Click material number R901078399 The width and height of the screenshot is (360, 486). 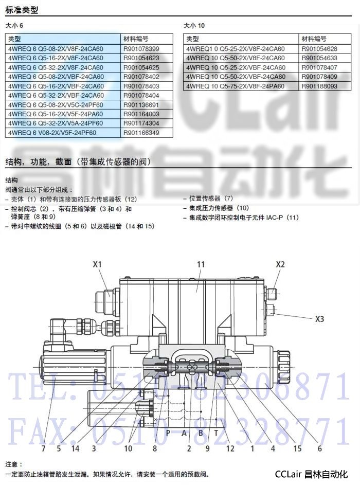(141, 49)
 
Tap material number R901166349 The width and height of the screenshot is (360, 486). (141, 133)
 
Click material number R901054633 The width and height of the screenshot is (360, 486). (319, 58)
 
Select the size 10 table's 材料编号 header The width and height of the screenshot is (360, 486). (314, 39)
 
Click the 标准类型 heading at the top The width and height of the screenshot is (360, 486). (22, 10)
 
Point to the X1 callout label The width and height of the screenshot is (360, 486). (97, 264)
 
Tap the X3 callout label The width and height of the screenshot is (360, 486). (319, 319)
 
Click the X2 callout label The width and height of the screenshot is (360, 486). (280, 264)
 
